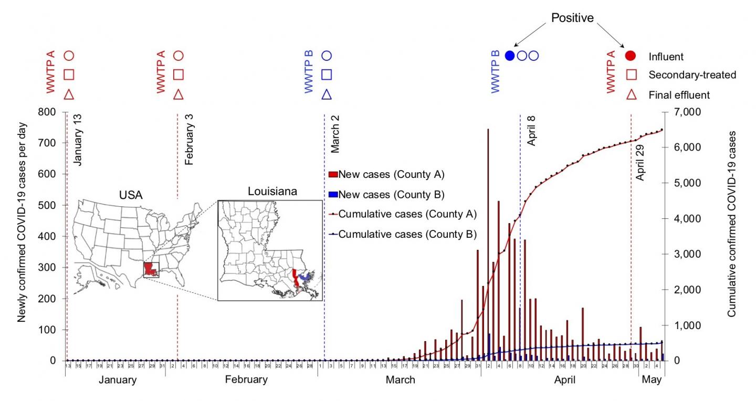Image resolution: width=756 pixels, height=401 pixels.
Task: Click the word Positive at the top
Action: pos(572,18)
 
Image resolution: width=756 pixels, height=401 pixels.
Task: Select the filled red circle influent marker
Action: pos(632,56)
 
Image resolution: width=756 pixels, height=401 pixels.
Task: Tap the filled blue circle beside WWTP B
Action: pos(509,56)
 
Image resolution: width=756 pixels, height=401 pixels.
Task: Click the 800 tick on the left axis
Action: pos(49,112)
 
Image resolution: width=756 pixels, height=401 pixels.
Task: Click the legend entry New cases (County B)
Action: pos(392,195)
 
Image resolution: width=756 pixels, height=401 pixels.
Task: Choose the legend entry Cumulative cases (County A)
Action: pos(407,214)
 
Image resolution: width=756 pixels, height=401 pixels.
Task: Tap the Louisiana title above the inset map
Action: pos(272,192)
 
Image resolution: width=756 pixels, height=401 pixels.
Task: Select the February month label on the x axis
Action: pos(246,379)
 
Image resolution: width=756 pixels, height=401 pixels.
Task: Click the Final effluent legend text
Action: pos(679,95)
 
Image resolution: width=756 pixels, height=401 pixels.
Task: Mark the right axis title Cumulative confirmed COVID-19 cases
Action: pos(731,223)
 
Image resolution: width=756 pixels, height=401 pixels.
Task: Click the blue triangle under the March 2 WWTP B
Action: pos(326,94)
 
